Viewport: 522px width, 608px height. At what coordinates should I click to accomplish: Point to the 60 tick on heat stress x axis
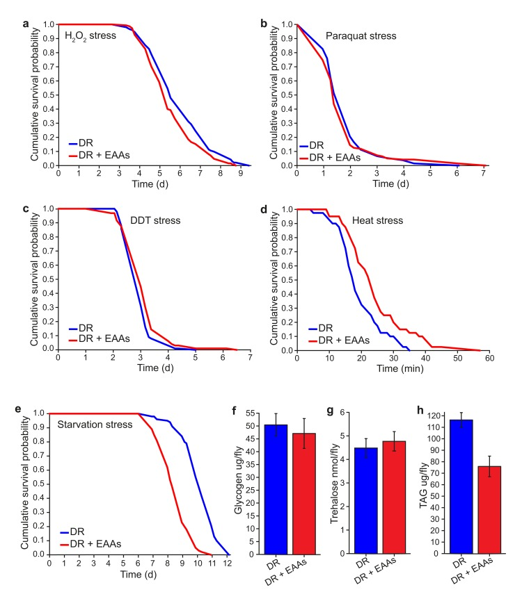point(489,358)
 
